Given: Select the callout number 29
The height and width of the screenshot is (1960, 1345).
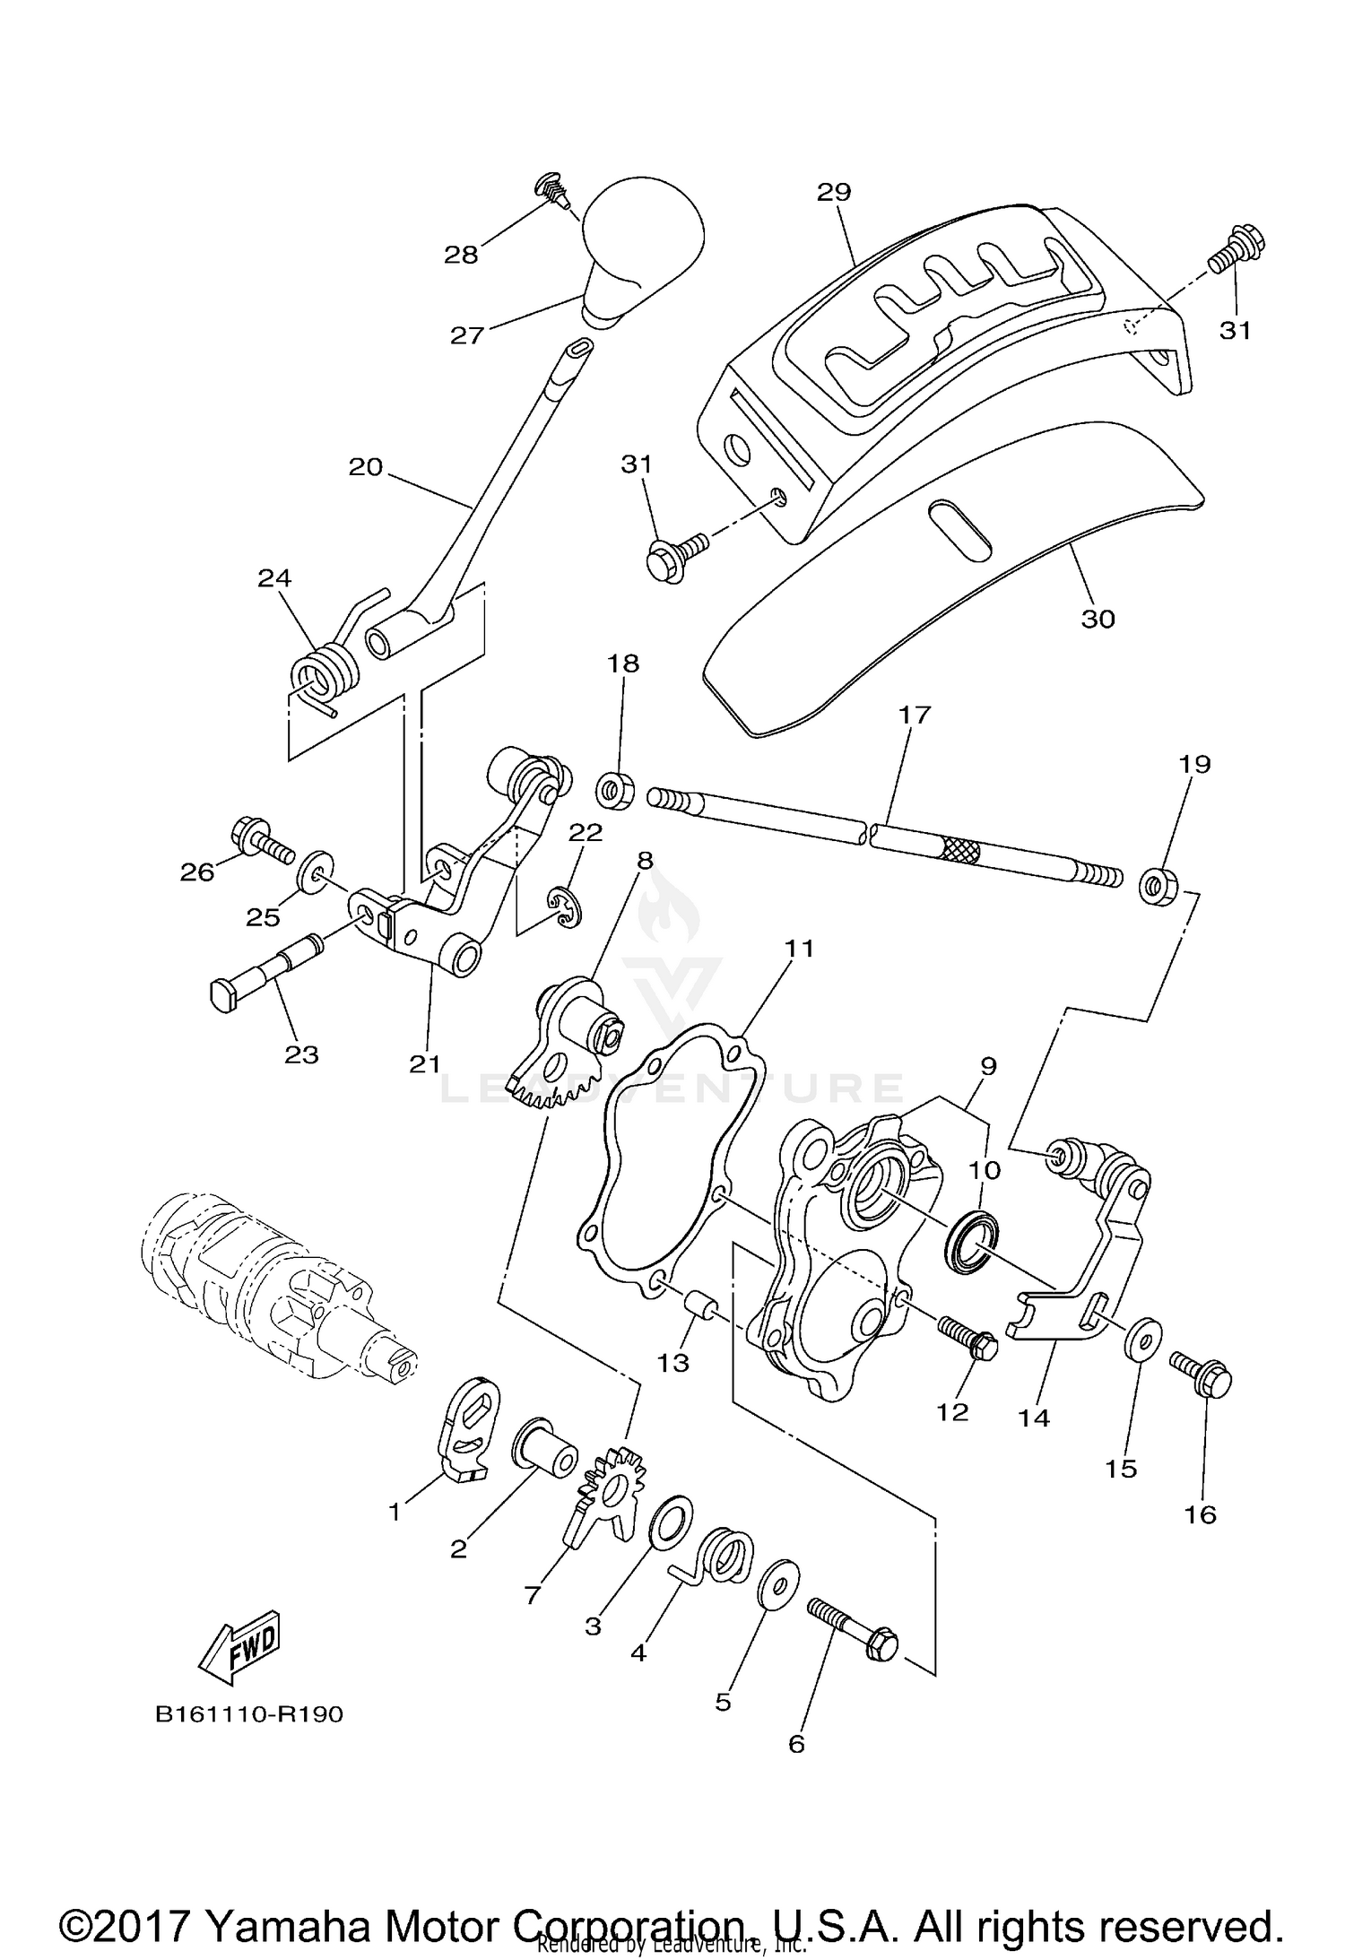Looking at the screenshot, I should click(834, 192).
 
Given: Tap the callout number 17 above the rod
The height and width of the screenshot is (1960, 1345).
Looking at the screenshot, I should click(915, 715).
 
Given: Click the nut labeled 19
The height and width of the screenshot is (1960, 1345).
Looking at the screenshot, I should click(1159, 888).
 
